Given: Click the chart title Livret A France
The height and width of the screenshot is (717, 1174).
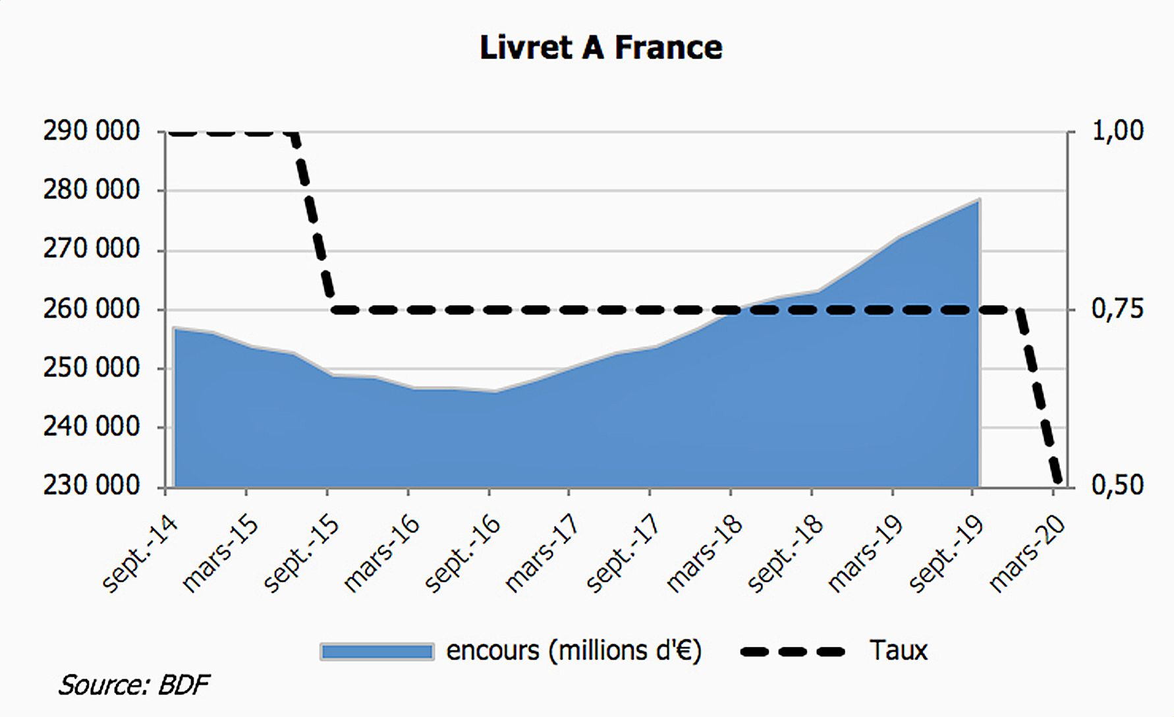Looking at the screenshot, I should [600, 48].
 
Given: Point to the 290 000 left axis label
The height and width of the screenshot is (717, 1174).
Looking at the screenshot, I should [92, 132].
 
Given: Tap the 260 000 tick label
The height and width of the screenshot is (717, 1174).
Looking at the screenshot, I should [92, 309].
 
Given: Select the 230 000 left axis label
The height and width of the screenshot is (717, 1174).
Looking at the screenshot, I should [92, 486].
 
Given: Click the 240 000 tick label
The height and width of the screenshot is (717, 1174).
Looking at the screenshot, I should [92, 427].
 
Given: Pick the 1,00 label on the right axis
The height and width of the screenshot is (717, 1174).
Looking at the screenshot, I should [1118, 131].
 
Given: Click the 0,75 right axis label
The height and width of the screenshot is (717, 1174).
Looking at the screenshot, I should [1118, 309].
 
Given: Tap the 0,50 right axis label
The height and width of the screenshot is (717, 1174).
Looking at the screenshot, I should [1118, 486].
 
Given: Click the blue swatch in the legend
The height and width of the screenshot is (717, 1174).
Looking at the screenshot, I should [377, 652].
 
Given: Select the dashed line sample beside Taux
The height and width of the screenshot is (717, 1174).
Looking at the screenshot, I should [793, 652].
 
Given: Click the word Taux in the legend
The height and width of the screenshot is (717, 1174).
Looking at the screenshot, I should [898, 650].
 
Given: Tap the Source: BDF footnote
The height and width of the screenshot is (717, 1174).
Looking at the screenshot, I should [134, 685].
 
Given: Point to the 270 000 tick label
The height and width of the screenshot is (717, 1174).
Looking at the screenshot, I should [92, 250].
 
